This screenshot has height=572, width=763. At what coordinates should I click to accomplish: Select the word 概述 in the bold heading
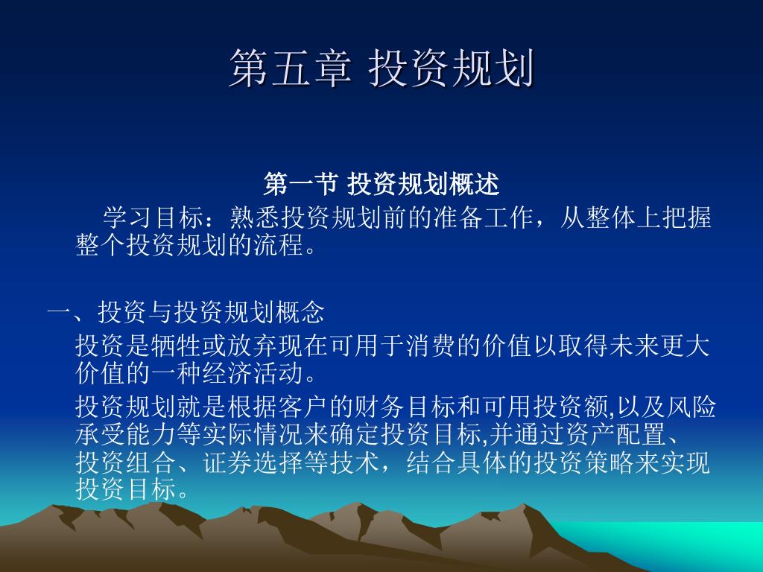pos(475,185)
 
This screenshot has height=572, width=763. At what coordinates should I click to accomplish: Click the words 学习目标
pos(153,217)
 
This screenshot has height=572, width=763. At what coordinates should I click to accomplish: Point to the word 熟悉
pos(255,217)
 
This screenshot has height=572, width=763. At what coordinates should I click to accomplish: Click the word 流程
pos(279,244)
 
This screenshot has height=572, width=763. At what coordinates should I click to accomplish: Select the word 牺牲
pos(176,346)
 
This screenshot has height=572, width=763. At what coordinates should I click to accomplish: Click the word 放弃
pos(252,346)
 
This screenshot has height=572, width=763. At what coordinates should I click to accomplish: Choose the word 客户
pos(303,407)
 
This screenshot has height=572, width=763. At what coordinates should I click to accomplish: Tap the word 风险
pos(691,407)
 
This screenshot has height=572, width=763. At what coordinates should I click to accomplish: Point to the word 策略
pos(610,462)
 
